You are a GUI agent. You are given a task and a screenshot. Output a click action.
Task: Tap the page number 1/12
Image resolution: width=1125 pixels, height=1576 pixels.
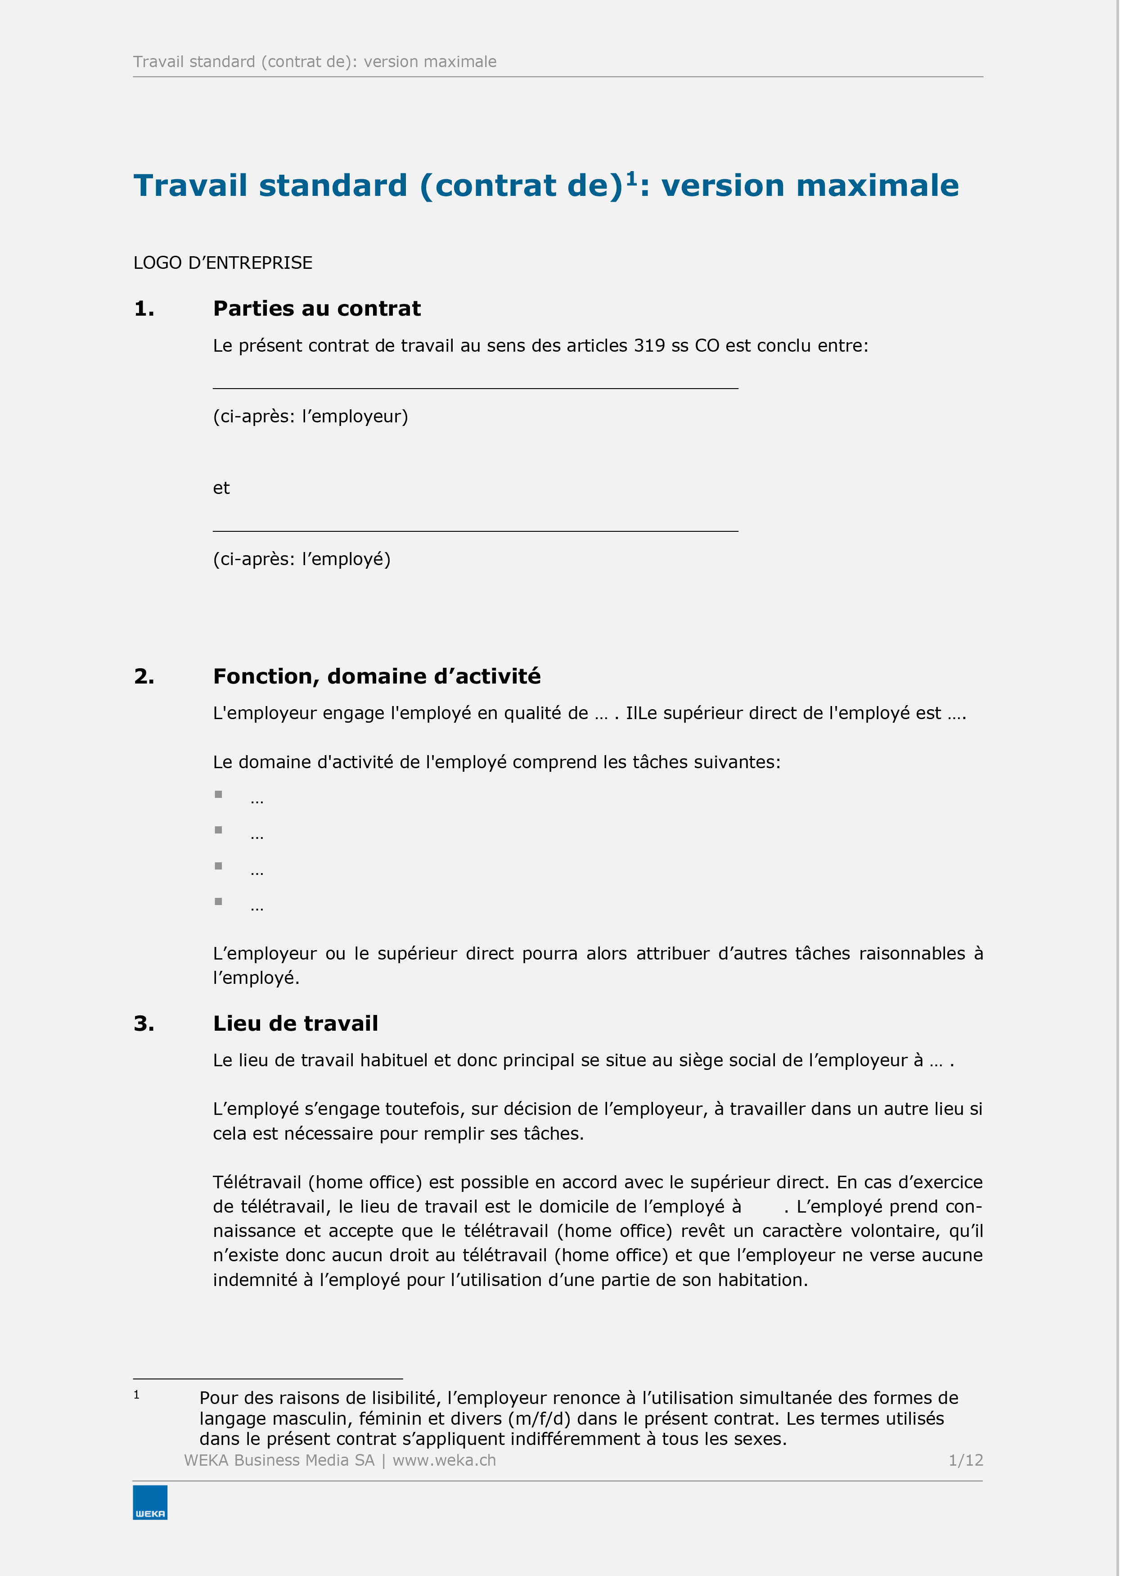(x=965, y=1460)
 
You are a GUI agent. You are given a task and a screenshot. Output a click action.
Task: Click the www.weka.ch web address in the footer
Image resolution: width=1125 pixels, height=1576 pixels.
(x=444, y=1460)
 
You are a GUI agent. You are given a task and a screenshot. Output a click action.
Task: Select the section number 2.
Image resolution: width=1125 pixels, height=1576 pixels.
(x=144, y=676)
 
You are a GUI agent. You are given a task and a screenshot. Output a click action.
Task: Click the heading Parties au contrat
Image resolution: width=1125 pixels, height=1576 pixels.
(x=317, y=308)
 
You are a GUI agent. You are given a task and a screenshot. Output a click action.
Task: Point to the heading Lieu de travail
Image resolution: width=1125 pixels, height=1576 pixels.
(x=295, y=1023)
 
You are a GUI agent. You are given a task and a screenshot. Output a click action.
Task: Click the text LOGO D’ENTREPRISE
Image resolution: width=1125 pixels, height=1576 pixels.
(x=222, y=263)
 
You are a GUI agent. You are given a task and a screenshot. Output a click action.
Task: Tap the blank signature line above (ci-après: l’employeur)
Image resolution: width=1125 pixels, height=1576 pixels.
(x=475, y=387)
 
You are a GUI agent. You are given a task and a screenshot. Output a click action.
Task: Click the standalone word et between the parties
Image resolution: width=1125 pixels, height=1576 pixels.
(x=221, y=488)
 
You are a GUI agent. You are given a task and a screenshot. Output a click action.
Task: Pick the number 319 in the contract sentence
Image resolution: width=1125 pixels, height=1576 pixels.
(x=649, y=346)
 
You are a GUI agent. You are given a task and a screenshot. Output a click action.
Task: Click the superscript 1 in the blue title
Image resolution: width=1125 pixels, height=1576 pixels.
(x=631, y=179)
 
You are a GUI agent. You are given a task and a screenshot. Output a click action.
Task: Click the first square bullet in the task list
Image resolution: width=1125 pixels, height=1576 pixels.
(x=218, y=794)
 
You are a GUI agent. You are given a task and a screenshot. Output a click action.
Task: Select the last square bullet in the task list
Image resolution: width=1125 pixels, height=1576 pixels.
(x=218, y=901)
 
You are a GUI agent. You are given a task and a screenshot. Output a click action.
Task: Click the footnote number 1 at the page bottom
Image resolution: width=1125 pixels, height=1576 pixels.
(x=136, y=1395)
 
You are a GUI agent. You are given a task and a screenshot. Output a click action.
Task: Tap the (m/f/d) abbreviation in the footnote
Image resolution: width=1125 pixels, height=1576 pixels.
(x=539, y=1419)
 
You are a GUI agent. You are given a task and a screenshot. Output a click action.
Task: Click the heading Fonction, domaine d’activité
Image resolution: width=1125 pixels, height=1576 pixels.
(x=377, y=676)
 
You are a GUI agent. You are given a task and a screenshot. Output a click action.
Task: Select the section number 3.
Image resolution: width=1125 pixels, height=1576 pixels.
(x=144, y=1023)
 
